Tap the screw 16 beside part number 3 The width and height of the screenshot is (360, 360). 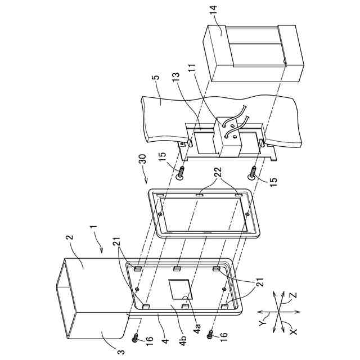click(136, 337)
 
